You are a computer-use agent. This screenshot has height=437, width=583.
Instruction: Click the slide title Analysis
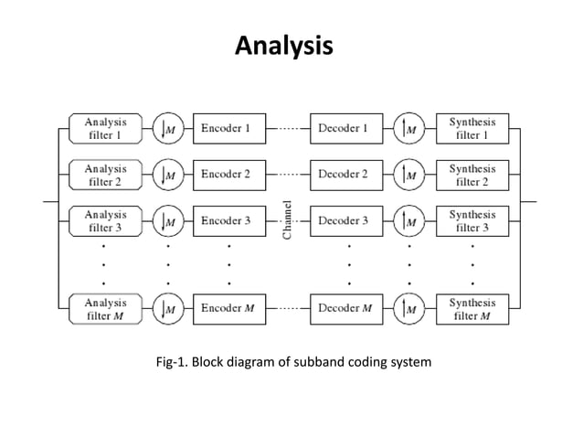pos(284,45)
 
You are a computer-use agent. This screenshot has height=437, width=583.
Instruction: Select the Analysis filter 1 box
pos(106,129)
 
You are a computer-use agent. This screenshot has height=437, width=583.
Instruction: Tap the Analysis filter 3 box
pos(106,220)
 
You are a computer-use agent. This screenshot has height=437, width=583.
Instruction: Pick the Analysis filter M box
pos(106,309)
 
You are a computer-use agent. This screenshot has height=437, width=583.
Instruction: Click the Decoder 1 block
pos(344,129)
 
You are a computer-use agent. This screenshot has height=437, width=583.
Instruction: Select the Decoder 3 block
pos(344,220)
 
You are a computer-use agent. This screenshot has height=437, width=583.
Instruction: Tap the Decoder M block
pos(344,309)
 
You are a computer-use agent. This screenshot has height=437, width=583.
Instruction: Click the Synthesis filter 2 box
pos(472,174)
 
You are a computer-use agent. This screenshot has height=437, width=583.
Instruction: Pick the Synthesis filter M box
pos(472,309)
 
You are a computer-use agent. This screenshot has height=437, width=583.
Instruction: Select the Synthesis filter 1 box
pos(472,129)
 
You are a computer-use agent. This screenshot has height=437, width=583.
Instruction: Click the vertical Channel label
pos(288,220)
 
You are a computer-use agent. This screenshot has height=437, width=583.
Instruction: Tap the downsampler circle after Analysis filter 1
pos(167,129)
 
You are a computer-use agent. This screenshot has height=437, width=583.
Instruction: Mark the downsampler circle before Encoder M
pos(167,309)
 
